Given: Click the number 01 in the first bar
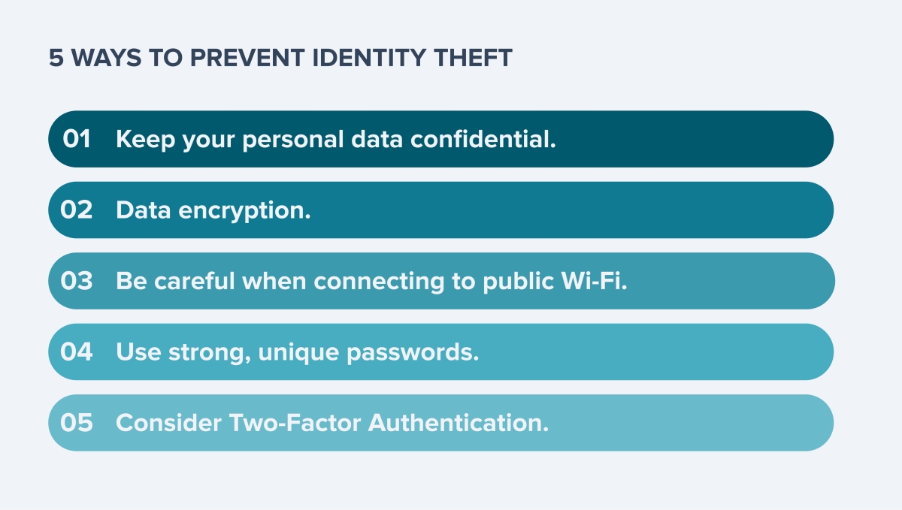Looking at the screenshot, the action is click(77, 139).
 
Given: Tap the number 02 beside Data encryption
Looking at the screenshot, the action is click(77, 210).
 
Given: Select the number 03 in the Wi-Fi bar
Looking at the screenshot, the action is click(77, 281).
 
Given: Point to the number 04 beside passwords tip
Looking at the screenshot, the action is click(77, 352).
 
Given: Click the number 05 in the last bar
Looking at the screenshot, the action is click(77, 423).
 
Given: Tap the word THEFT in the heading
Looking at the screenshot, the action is click(473, 58).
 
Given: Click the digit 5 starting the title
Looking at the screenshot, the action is click(56, 58).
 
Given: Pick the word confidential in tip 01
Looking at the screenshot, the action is click(483, 139).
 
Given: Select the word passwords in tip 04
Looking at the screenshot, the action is click(413, 352).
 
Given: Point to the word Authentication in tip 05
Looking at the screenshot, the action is click(459, 423).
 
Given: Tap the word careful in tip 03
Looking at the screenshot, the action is click(195, 281).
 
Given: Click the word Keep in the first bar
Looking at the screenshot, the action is click(145, 140).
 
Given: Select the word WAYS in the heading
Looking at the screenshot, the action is click(106, 58).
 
